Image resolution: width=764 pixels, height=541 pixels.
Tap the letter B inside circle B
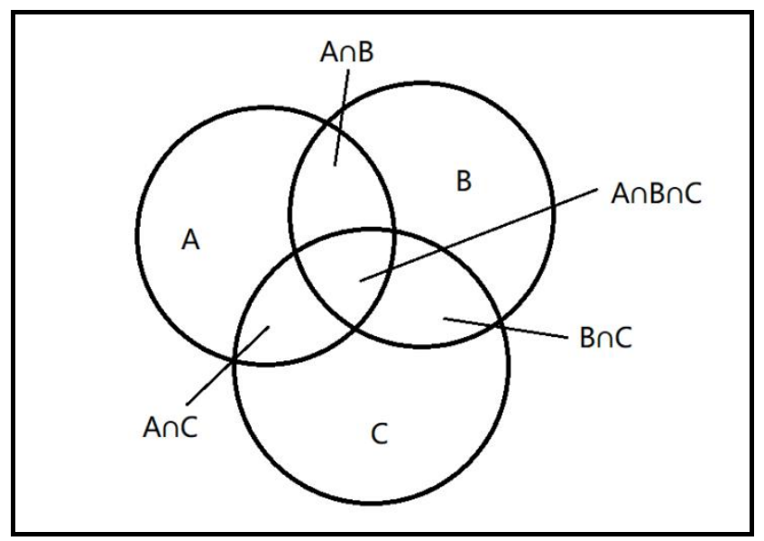(x=463, y=182)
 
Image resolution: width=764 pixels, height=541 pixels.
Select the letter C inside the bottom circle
(x=380, y=434)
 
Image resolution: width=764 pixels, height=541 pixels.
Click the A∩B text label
(x=347, y=51)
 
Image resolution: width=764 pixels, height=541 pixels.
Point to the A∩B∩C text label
(x=656, y=193)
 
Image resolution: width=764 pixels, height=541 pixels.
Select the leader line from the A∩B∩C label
(x=478, y=235)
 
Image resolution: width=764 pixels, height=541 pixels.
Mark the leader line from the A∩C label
(x=226, y=366)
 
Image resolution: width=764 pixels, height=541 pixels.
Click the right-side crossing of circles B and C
(x=500, y=322)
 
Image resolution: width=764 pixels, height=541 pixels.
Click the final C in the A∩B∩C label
(x=691, y=193)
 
